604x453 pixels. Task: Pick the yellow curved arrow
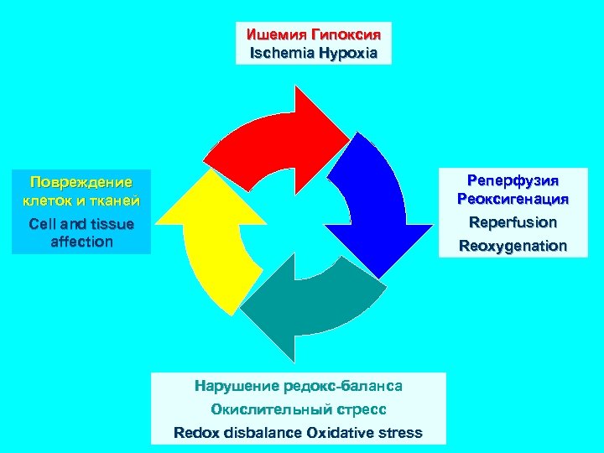(214, 243)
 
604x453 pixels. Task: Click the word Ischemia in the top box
(281, 53)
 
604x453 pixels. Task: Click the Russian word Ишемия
(276, 35)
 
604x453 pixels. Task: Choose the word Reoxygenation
(513, 247)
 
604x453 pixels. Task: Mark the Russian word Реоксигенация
(513, 200)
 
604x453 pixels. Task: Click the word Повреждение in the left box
(81, 182)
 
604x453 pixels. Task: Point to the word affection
(81, 242)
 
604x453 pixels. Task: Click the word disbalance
(262, 433)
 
